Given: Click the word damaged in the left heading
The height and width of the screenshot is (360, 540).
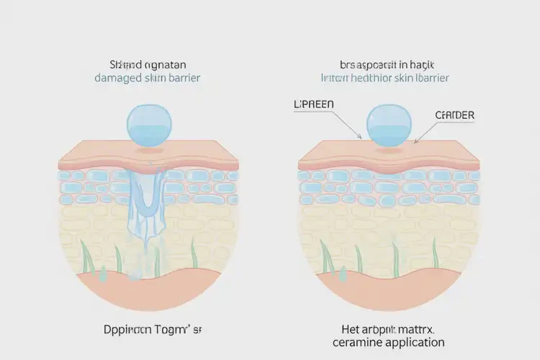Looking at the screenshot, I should [119, 78].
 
